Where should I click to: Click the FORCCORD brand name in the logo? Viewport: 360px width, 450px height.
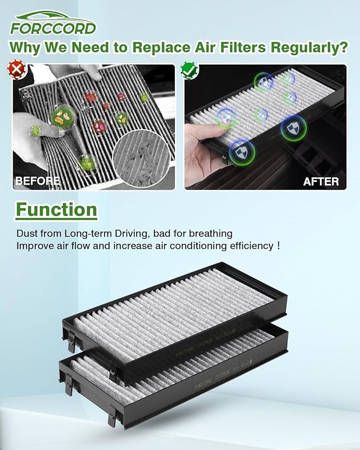pyautogui.click(x=53, y=28)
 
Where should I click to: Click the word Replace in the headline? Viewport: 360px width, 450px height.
pyautogui.click(x=159, y=47)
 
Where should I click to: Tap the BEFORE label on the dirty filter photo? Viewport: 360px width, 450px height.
pyautogui.click(x=37, y=181)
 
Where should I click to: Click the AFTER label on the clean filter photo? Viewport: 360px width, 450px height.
pyautogui.click(x=320, y=181)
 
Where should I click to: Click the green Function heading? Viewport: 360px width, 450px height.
pyautogui.click(x=56, y=209)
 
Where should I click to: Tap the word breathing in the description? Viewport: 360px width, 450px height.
pyautogui.click(x=212, y=233)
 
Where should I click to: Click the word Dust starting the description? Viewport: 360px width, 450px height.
pyautogui.click(x=27, y=233)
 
